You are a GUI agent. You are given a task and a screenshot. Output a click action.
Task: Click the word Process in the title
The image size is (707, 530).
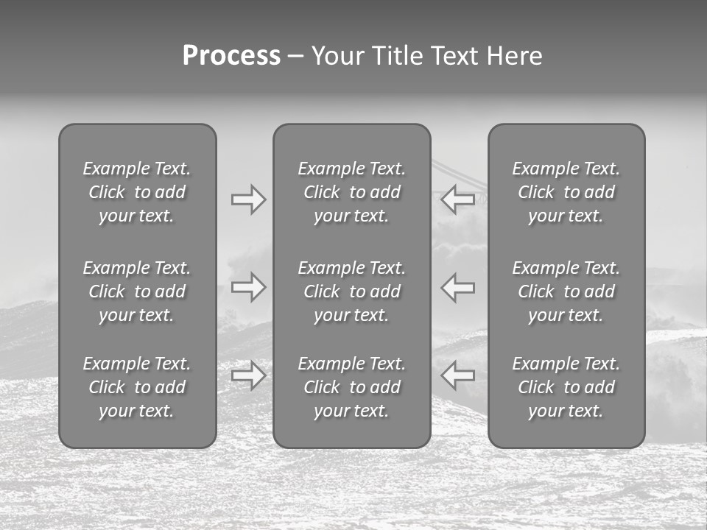[231, 56]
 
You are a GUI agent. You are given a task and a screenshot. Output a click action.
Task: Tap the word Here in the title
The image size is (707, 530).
[515, 56]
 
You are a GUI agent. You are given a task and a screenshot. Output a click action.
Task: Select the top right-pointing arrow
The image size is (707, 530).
[249, 199]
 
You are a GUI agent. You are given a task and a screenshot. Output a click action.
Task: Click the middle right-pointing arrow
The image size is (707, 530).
[249, 287]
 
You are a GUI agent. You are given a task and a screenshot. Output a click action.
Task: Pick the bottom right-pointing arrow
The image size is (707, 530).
[249, 375]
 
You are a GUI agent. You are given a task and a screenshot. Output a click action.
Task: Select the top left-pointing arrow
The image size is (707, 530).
[457, 199]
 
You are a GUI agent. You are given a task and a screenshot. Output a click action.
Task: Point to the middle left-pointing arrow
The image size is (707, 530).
[457, 287]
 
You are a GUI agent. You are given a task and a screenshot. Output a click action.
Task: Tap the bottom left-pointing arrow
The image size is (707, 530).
[457, 375]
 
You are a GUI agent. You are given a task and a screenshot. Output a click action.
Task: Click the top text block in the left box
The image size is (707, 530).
[137, 192]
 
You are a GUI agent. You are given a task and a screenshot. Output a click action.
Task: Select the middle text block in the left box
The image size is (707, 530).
[137, 291]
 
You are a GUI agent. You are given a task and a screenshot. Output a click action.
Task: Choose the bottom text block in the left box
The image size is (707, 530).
[137, 387]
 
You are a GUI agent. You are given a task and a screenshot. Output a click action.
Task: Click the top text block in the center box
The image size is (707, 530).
[352, 192]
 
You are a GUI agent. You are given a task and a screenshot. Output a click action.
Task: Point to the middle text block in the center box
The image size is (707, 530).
[352, 291]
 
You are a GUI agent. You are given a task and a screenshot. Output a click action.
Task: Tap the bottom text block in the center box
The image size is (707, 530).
[352, 387]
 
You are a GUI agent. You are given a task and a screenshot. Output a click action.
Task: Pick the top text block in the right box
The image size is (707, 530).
[566, 192]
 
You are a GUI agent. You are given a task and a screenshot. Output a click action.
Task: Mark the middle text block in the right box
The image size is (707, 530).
[566, 291]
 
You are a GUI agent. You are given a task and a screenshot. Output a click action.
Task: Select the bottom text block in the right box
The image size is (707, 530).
[566, 387]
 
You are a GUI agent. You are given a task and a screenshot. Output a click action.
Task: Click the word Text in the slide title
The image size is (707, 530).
[455, 56]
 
